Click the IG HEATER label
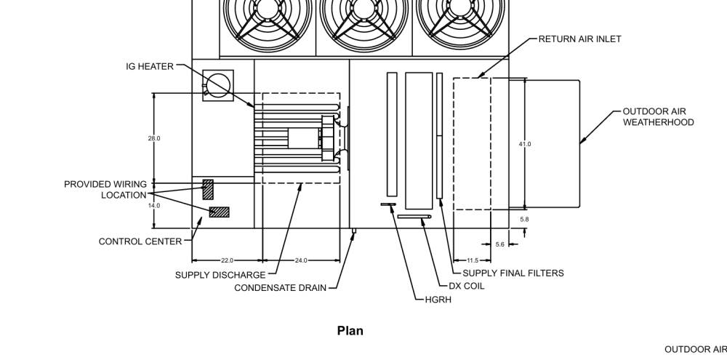click(149, 66)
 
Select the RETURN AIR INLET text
click(579, 39)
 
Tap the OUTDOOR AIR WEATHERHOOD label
click(658, 117)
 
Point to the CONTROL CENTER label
click(140, 241)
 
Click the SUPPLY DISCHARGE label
click(220, 275)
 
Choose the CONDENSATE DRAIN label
click(280, 287)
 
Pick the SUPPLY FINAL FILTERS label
click(513, 273)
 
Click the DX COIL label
click(467, 287)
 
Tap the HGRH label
click(438, 300)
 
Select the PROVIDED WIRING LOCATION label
click(105, 190)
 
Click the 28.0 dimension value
click(154, 138)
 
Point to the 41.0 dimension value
click(525, 144)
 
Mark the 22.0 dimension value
click(227, 260)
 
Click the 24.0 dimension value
click(301, 260)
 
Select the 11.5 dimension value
click(473, 260)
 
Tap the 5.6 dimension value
click(500, 244)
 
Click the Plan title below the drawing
click(350, 331)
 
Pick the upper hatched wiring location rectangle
click(208, 190)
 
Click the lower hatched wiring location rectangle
click(220, 212)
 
